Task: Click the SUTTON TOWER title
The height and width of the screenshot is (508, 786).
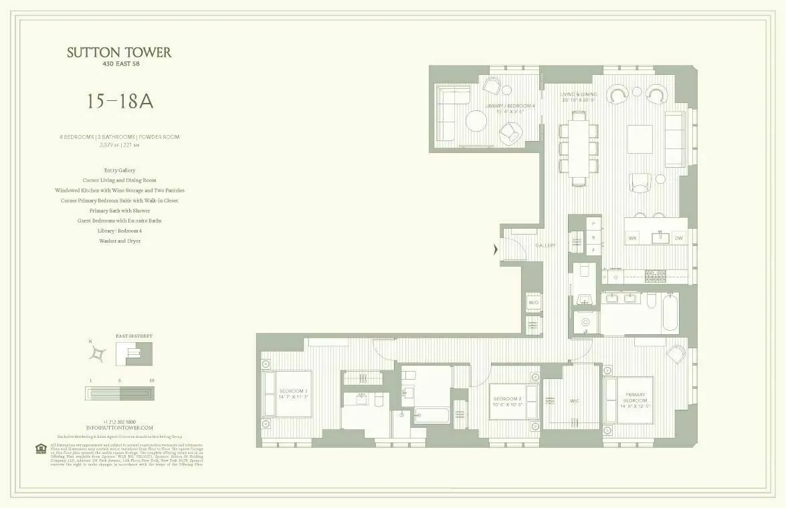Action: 119,53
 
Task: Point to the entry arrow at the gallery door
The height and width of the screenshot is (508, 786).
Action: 495,250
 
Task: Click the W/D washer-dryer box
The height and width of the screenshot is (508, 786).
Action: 534,303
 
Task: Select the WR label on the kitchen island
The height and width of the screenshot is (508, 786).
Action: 631,238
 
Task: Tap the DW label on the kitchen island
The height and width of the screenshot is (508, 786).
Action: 678,238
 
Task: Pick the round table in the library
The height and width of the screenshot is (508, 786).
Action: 478,122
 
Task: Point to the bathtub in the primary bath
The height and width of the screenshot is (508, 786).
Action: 670,313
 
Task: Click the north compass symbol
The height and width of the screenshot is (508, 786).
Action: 99,352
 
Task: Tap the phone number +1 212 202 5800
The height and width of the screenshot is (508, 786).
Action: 120,422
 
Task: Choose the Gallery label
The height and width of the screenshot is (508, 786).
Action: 545,246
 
